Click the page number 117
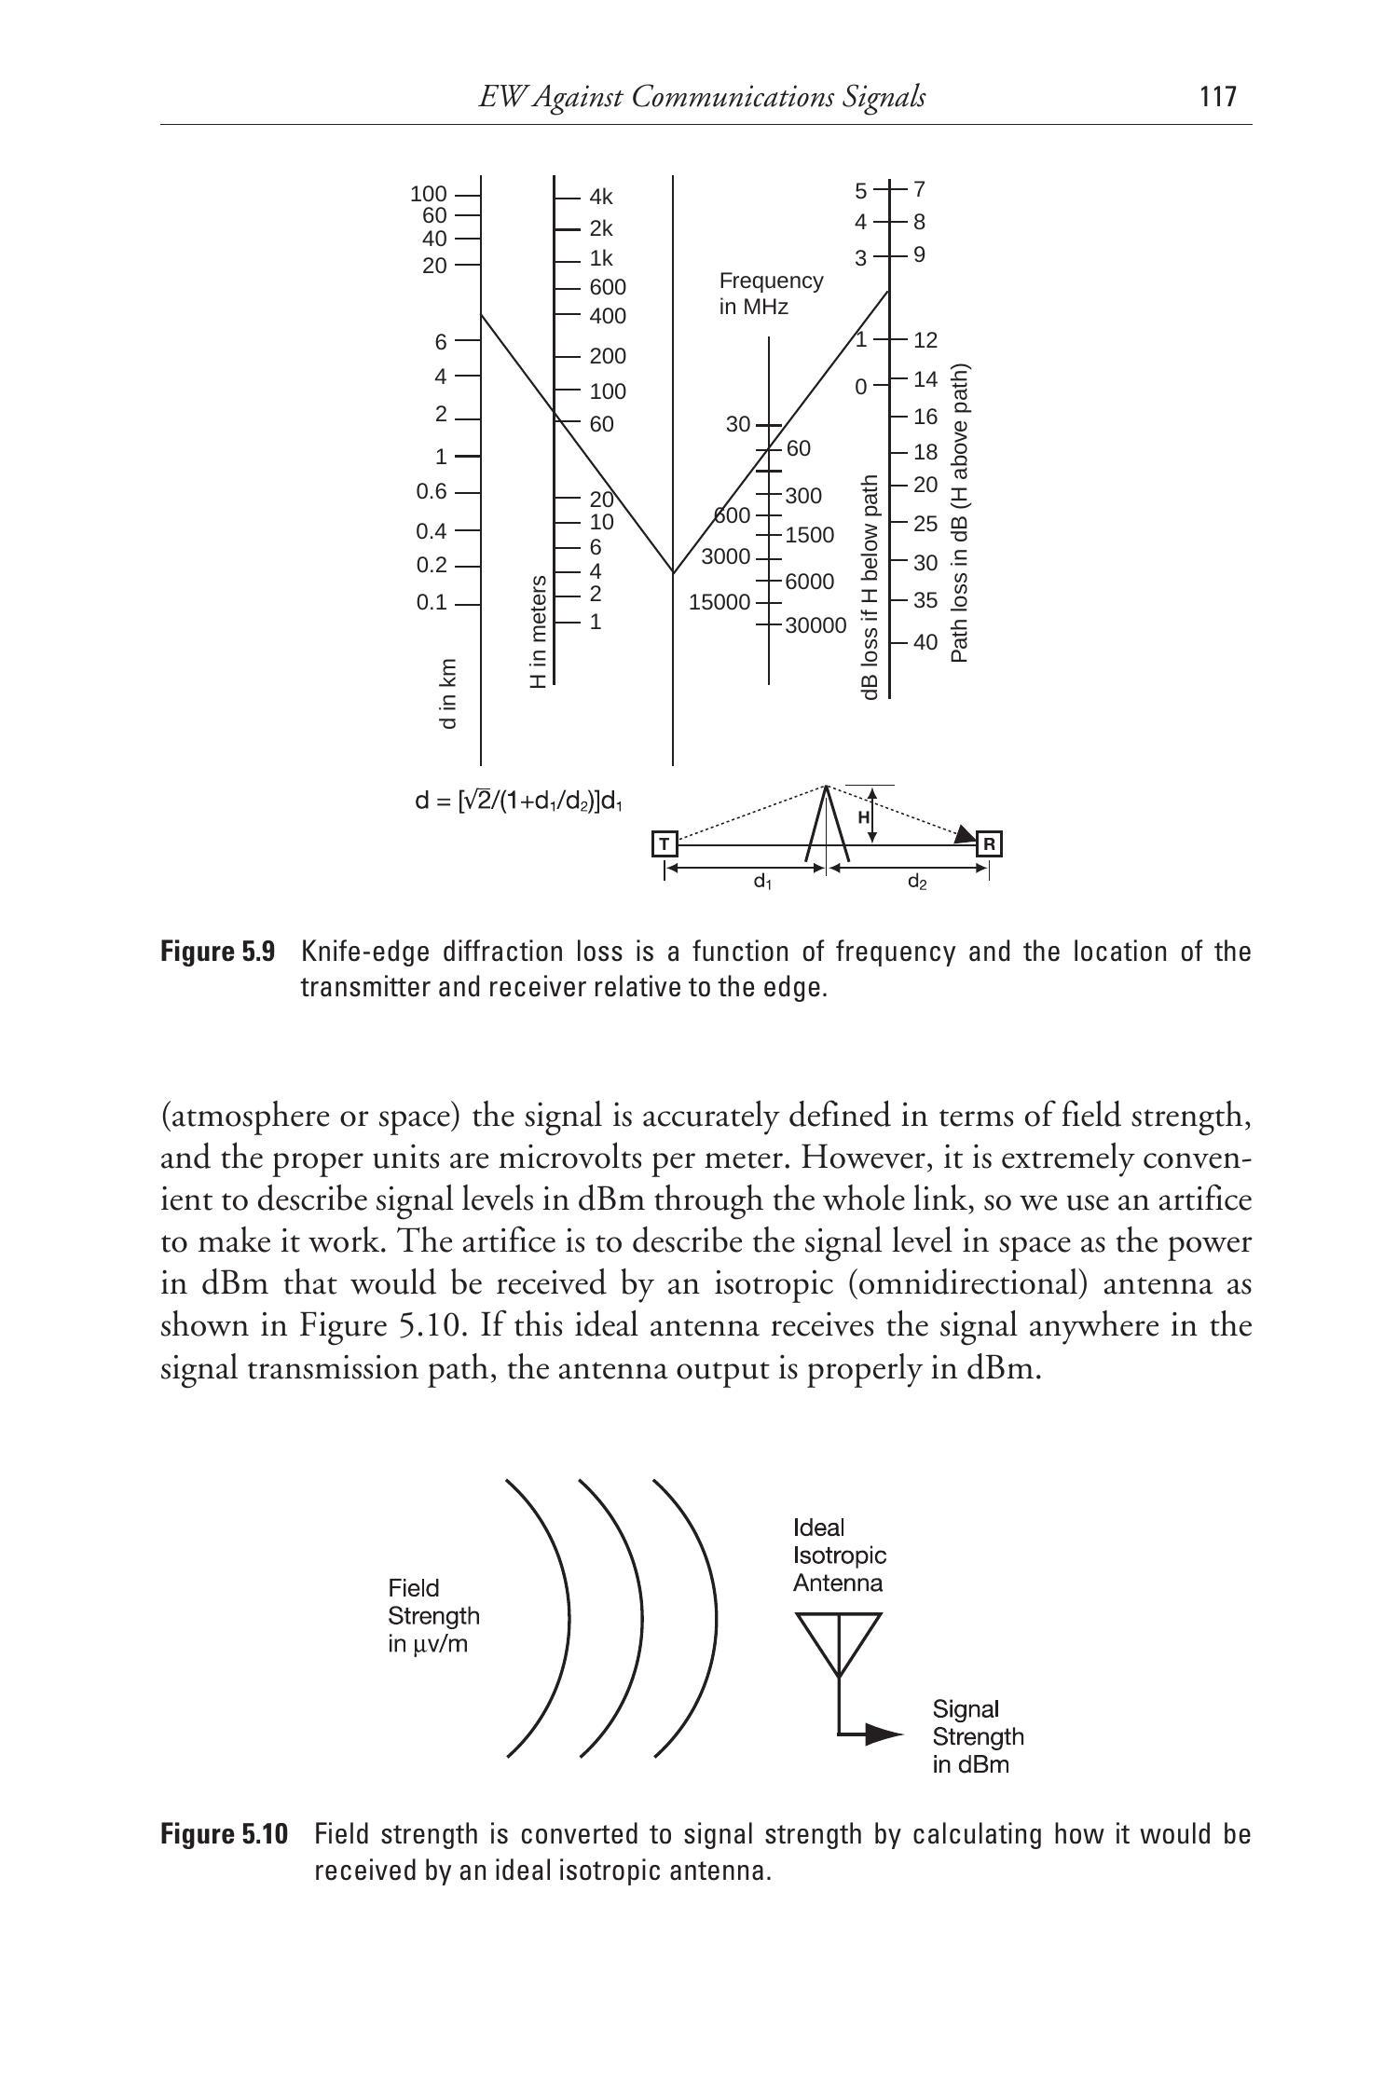(1218, 97)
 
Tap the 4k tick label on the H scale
(601, 197)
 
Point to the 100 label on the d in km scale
(429, 195)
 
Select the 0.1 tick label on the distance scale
(432, 603)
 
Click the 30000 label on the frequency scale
(815, 625)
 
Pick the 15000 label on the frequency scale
(719, 603)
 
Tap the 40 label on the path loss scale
(925, 642)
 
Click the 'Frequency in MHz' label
(771, 294)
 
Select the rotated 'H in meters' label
(538, 632)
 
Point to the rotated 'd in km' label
(448, 694)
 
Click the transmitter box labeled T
(664, 844)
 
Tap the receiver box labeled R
(990, 844)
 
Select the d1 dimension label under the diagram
(762, 881)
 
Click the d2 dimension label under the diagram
(917, 881)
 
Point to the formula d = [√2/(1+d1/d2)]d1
(518, 801)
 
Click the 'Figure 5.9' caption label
(218, 952)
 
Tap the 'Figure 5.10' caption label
(225, 1834)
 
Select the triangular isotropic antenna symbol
(839, 1642)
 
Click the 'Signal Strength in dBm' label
(978, 1736)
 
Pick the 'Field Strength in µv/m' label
(433, 1615)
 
